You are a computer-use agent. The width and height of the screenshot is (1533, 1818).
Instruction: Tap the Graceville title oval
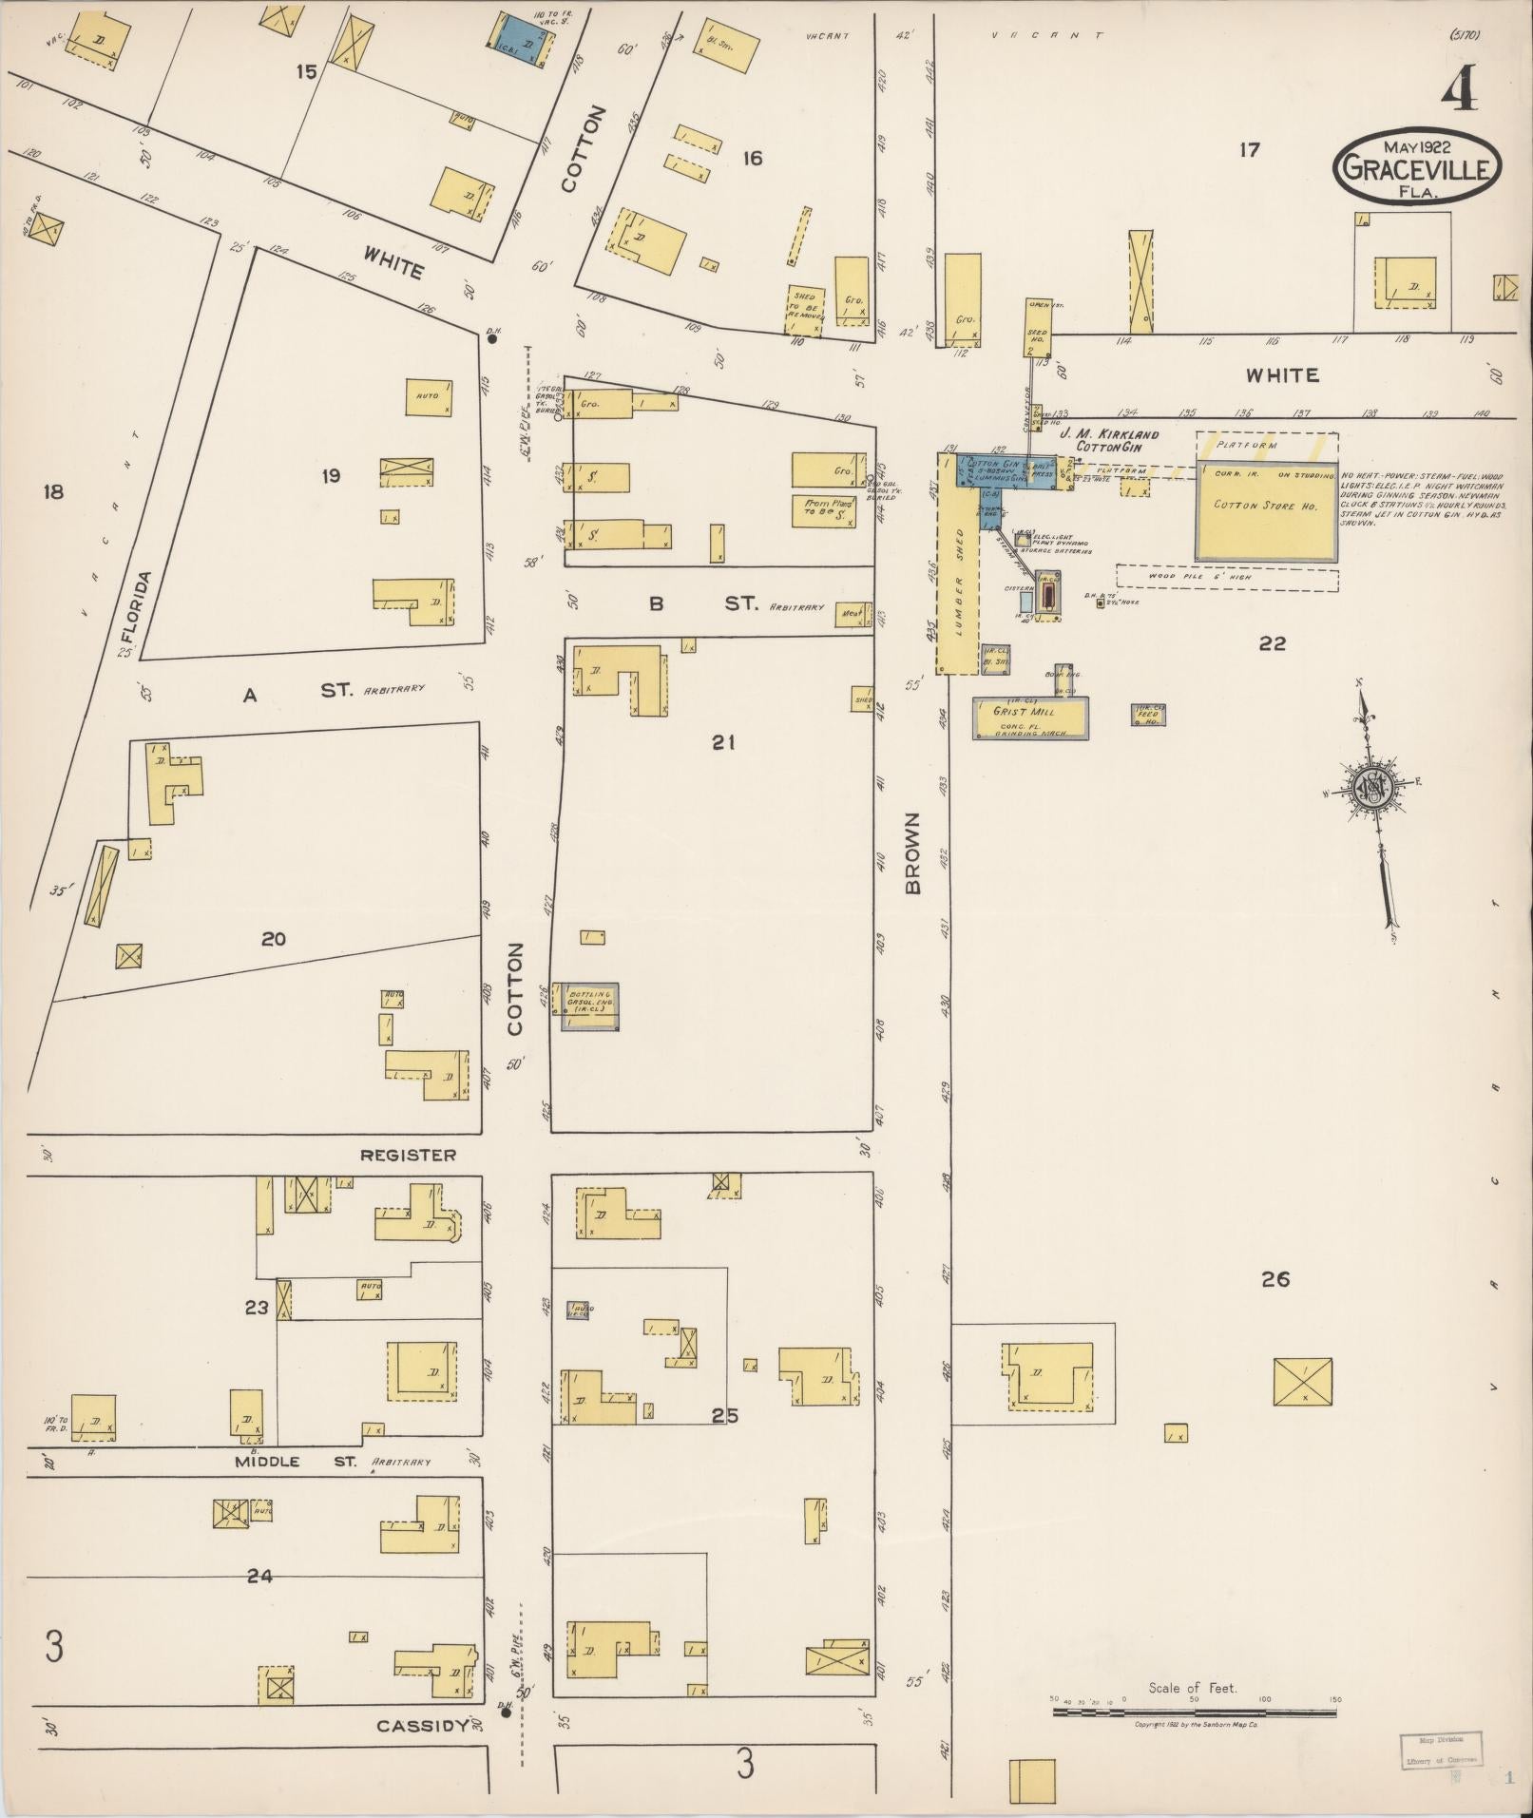click(1417, 167)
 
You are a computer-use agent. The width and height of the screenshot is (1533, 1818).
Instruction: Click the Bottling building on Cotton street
click(589, 1006)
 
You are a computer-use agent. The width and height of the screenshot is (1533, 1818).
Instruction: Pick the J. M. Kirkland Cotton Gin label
click(1117, 439)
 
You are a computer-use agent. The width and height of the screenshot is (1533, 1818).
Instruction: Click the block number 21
click(723, 743)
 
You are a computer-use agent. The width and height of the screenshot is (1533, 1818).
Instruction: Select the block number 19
click(331, 476)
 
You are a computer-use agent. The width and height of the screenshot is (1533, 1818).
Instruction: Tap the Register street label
click(408, 1155)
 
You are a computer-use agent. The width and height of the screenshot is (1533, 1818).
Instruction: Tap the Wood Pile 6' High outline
click(1226, 577)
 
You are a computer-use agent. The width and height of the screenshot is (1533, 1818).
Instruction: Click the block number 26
click(1274, 1279)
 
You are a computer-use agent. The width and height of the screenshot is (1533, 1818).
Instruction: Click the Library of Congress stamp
click(1440, 1748)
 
